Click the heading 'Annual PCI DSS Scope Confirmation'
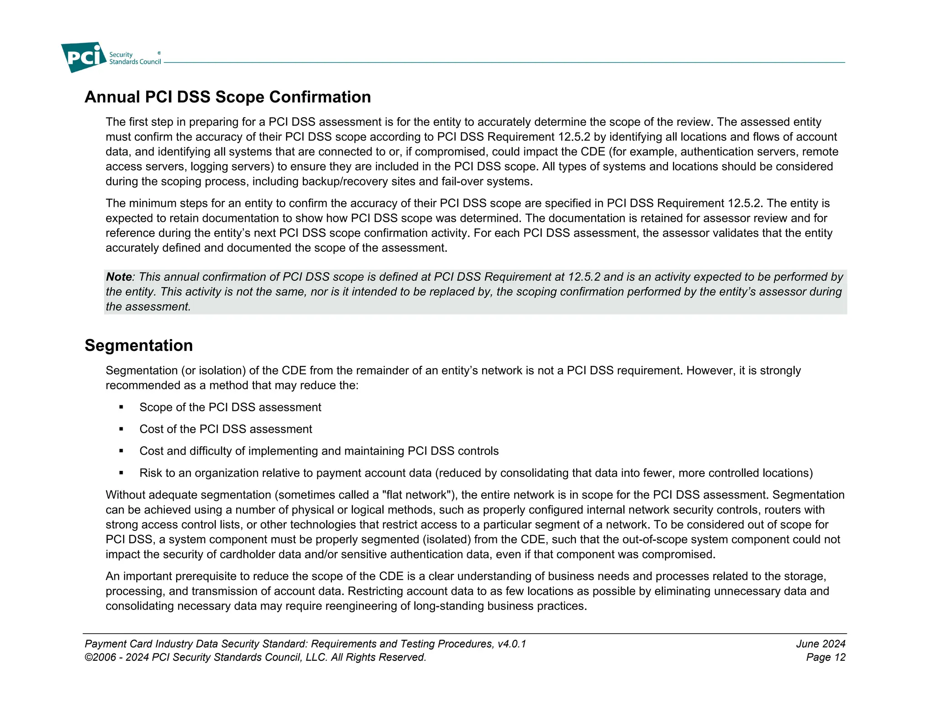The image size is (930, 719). [x=228, y=97]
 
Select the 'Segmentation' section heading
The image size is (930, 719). [x=139, y=345]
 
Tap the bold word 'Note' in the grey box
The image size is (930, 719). [x=119, y=277]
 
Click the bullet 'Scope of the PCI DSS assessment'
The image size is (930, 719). [x=230, y=407]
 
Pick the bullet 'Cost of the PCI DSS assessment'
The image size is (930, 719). [x=226, y=429]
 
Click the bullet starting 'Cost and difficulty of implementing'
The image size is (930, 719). [x=319, y=451]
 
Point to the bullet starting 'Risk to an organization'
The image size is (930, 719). [x=476, y=473]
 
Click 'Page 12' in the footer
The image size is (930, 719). [x=826, y=657]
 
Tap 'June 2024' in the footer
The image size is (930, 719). [x=821, y=644]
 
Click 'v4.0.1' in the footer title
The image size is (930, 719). [x=512, y=644]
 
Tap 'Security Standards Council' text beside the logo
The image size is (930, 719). [x=135, y=58]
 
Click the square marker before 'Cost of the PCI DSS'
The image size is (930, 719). [x=121, y=429]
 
